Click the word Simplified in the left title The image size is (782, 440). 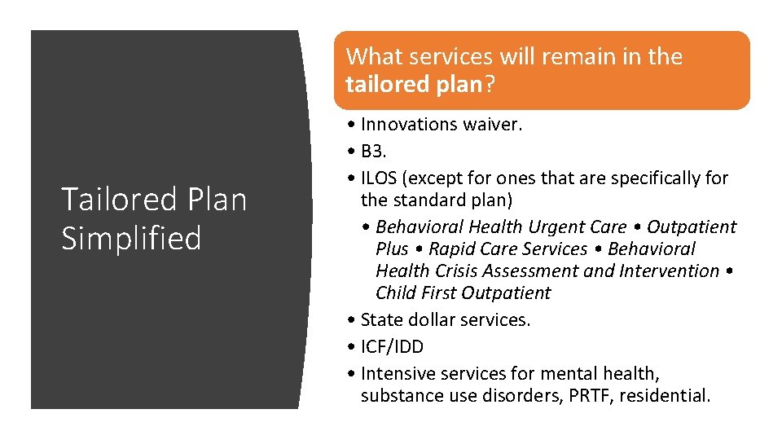[131, 238]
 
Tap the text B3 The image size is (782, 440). [375, 151]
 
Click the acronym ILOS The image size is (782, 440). [379, 178]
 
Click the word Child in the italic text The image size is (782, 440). [397, 293]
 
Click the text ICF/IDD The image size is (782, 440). [392, 347]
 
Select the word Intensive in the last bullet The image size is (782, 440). [398, 374]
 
